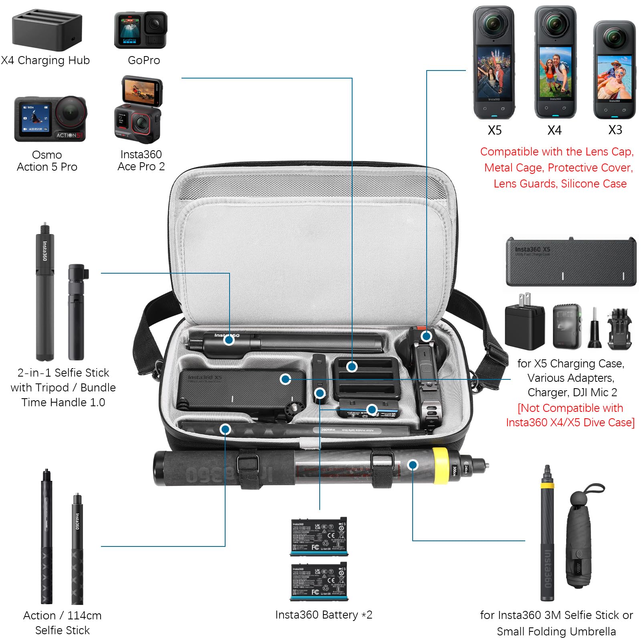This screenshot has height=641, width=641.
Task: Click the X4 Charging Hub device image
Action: coord(47,31)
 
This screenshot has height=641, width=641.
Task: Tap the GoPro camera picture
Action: coord(141,30)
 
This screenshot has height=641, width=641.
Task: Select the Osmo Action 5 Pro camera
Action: coord(50,119)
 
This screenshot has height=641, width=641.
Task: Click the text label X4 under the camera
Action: coord(554,130)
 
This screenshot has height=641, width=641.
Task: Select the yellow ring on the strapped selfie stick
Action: coord(440,466)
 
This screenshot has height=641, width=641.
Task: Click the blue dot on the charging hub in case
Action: coord(352,366)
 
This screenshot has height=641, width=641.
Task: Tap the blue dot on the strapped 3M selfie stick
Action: coord(413,465)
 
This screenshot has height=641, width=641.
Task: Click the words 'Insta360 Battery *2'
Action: coord(324,615)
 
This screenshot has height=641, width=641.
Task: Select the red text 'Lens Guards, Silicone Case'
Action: coord(560,183)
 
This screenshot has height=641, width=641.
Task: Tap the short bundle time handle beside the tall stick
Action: coord(77,312)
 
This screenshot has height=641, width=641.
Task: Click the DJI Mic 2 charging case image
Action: coord(567,326)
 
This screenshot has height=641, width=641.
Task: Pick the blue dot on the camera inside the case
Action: coord(426,336)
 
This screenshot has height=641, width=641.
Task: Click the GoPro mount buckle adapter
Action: coord(619,328)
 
